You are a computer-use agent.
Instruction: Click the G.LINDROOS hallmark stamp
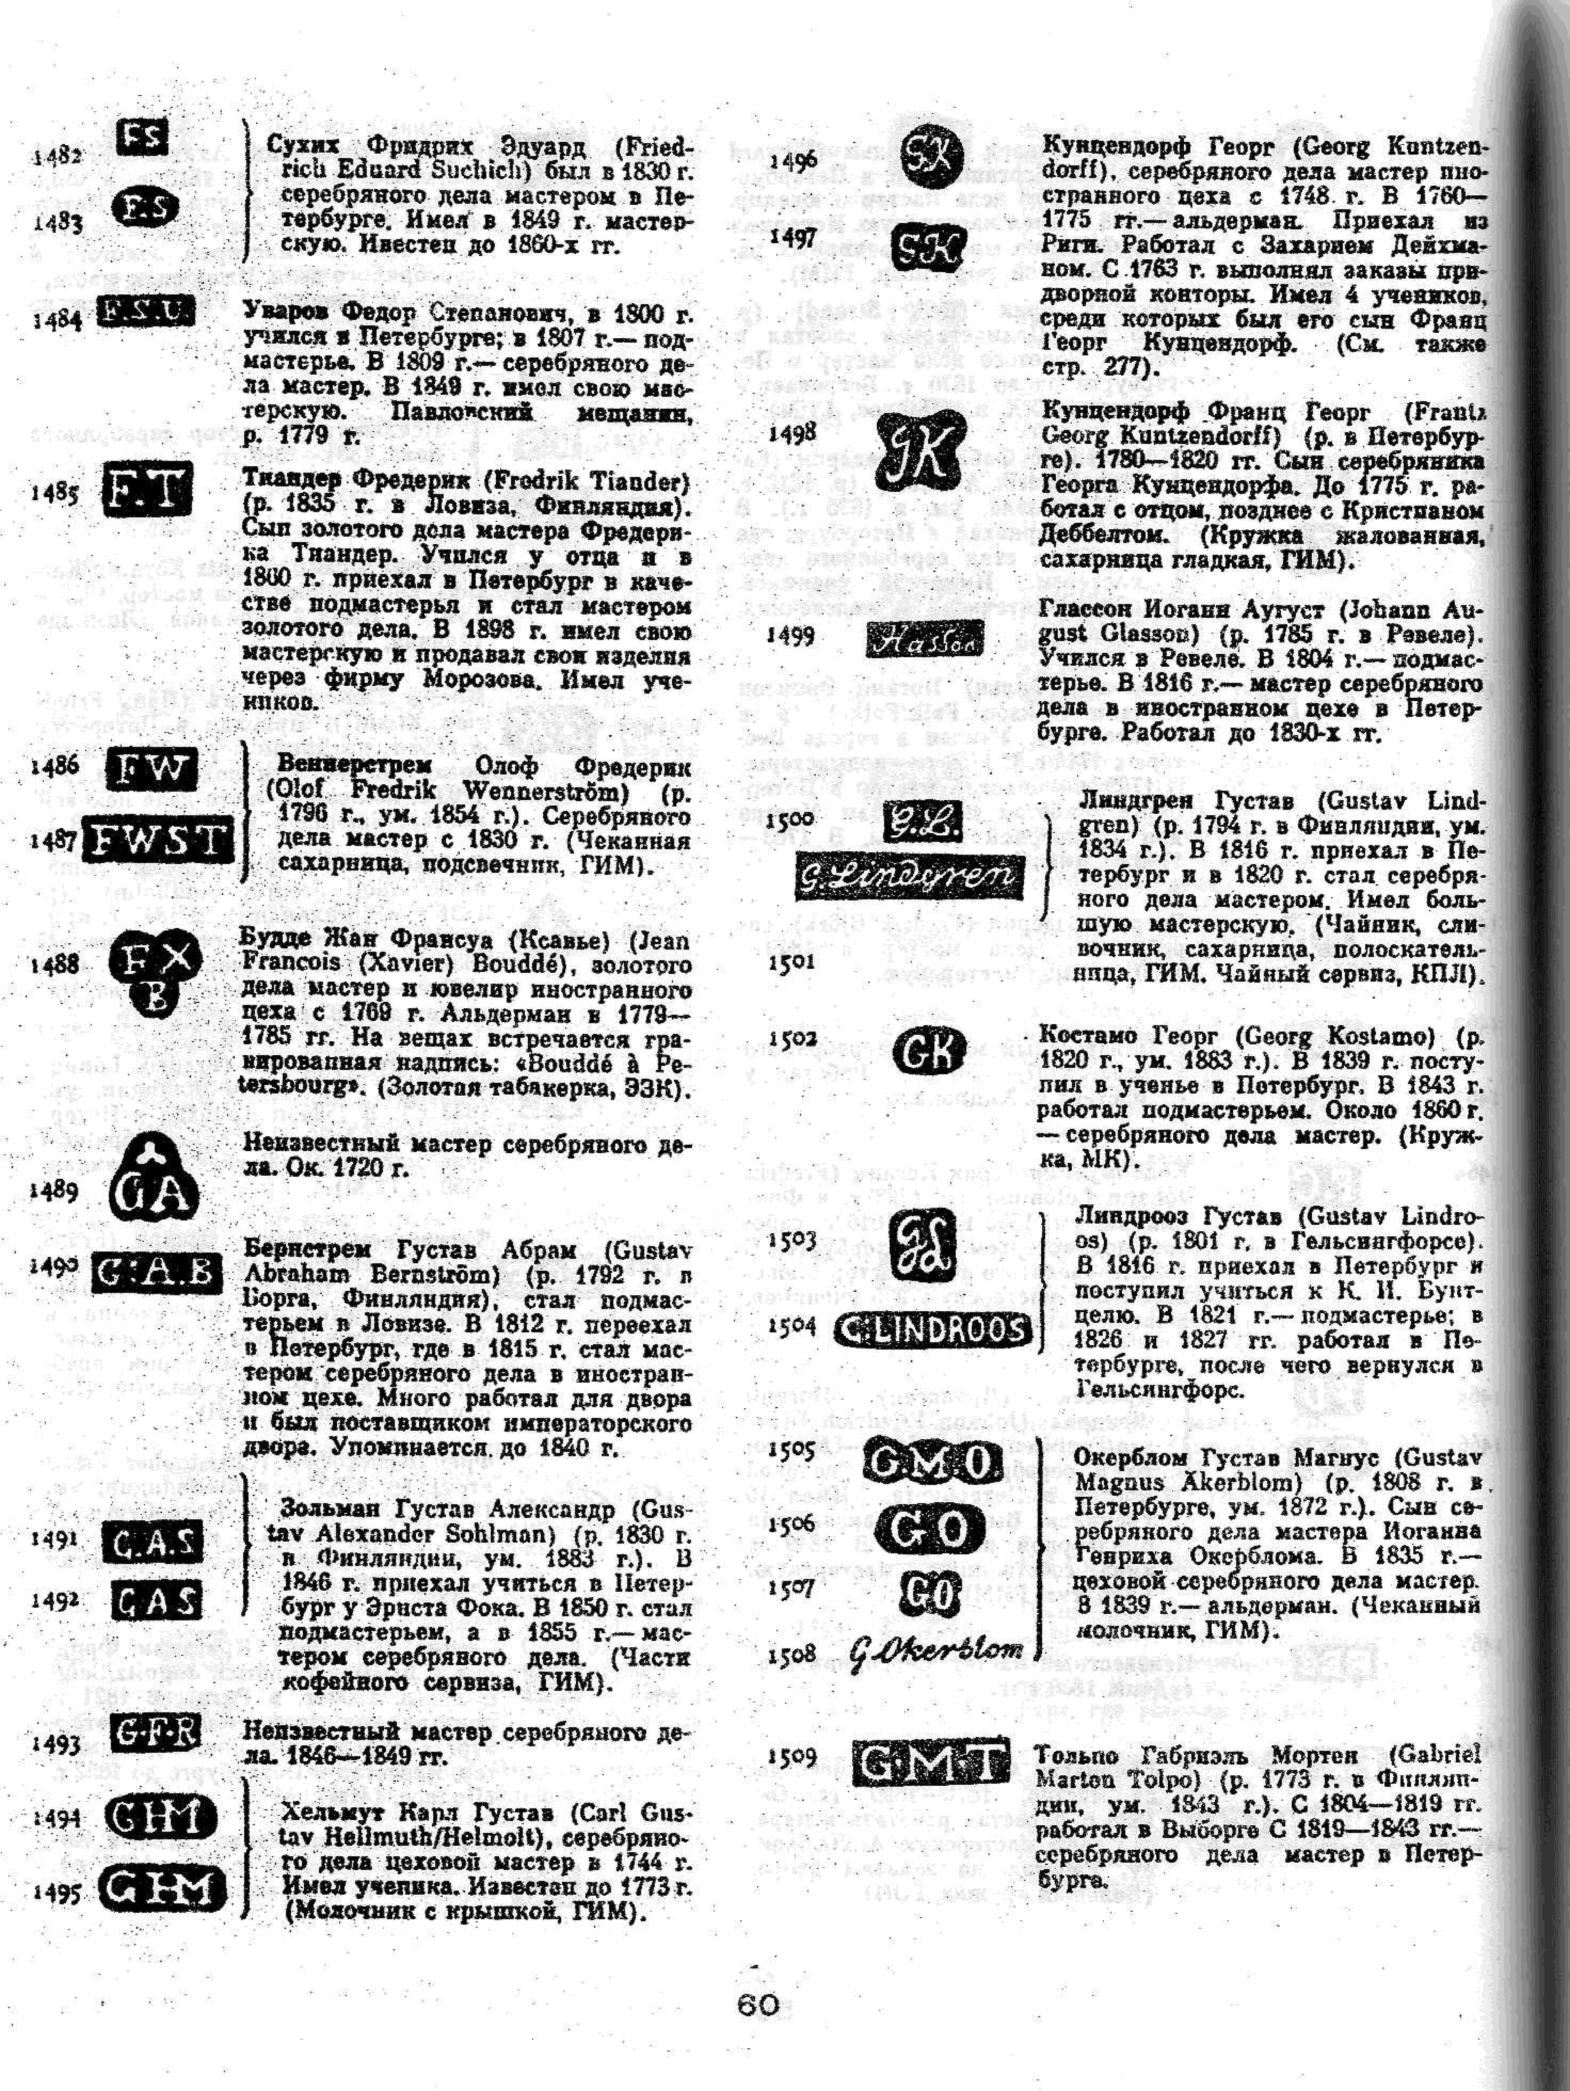932,1329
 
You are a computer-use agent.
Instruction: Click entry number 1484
57,320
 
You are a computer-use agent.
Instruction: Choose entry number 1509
791,1756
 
